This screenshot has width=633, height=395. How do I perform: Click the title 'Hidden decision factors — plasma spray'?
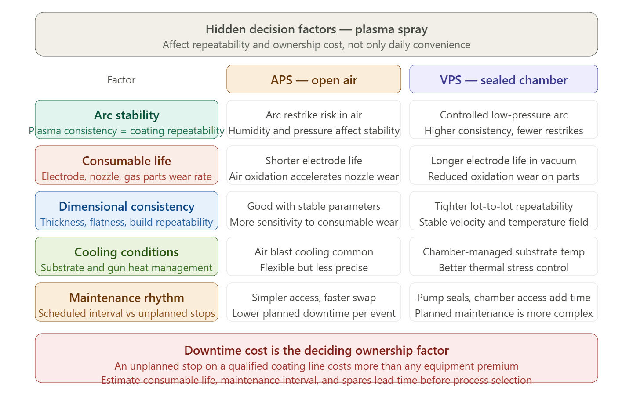[x=316, y=29]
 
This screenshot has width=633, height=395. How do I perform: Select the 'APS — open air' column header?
[x=314, y=80]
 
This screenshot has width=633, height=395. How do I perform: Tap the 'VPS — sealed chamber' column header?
[x=504, y=80]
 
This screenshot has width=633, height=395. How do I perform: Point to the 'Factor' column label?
[x=121, y=80]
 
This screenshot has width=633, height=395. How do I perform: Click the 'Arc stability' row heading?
[x=127, y=115]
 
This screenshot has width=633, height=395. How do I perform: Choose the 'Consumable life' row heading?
[x=127, y=161]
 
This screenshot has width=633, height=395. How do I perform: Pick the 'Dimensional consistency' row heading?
[x=127, y=207]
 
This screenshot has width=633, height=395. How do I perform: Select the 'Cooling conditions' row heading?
[x=127, y=252]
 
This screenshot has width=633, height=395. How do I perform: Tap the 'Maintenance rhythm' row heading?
[x=127, y=298]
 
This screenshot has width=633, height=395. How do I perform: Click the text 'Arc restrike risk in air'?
[x=314, y=115]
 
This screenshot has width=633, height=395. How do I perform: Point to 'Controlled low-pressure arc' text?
[x=504, y=115]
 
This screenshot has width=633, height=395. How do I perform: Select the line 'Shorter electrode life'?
[x=314, y=161]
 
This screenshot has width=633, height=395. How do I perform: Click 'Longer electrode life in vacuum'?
[x=504, y=161]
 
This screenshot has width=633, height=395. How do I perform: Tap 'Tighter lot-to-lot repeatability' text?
[x=504, y=206]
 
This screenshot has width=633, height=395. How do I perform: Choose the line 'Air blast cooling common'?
[x=314, y=252]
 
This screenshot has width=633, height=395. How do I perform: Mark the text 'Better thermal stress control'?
[x=504, y=268]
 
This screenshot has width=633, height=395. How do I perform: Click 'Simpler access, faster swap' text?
[x=314, y=298]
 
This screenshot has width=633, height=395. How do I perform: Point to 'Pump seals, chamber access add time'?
[x=504, y=298]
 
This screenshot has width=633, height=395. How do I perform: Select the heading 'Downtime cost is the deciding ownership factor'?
[x=316, y=350]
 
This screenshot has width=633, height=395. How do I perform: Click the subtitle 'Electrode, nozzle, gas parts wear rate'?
[x=127, y=176]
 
